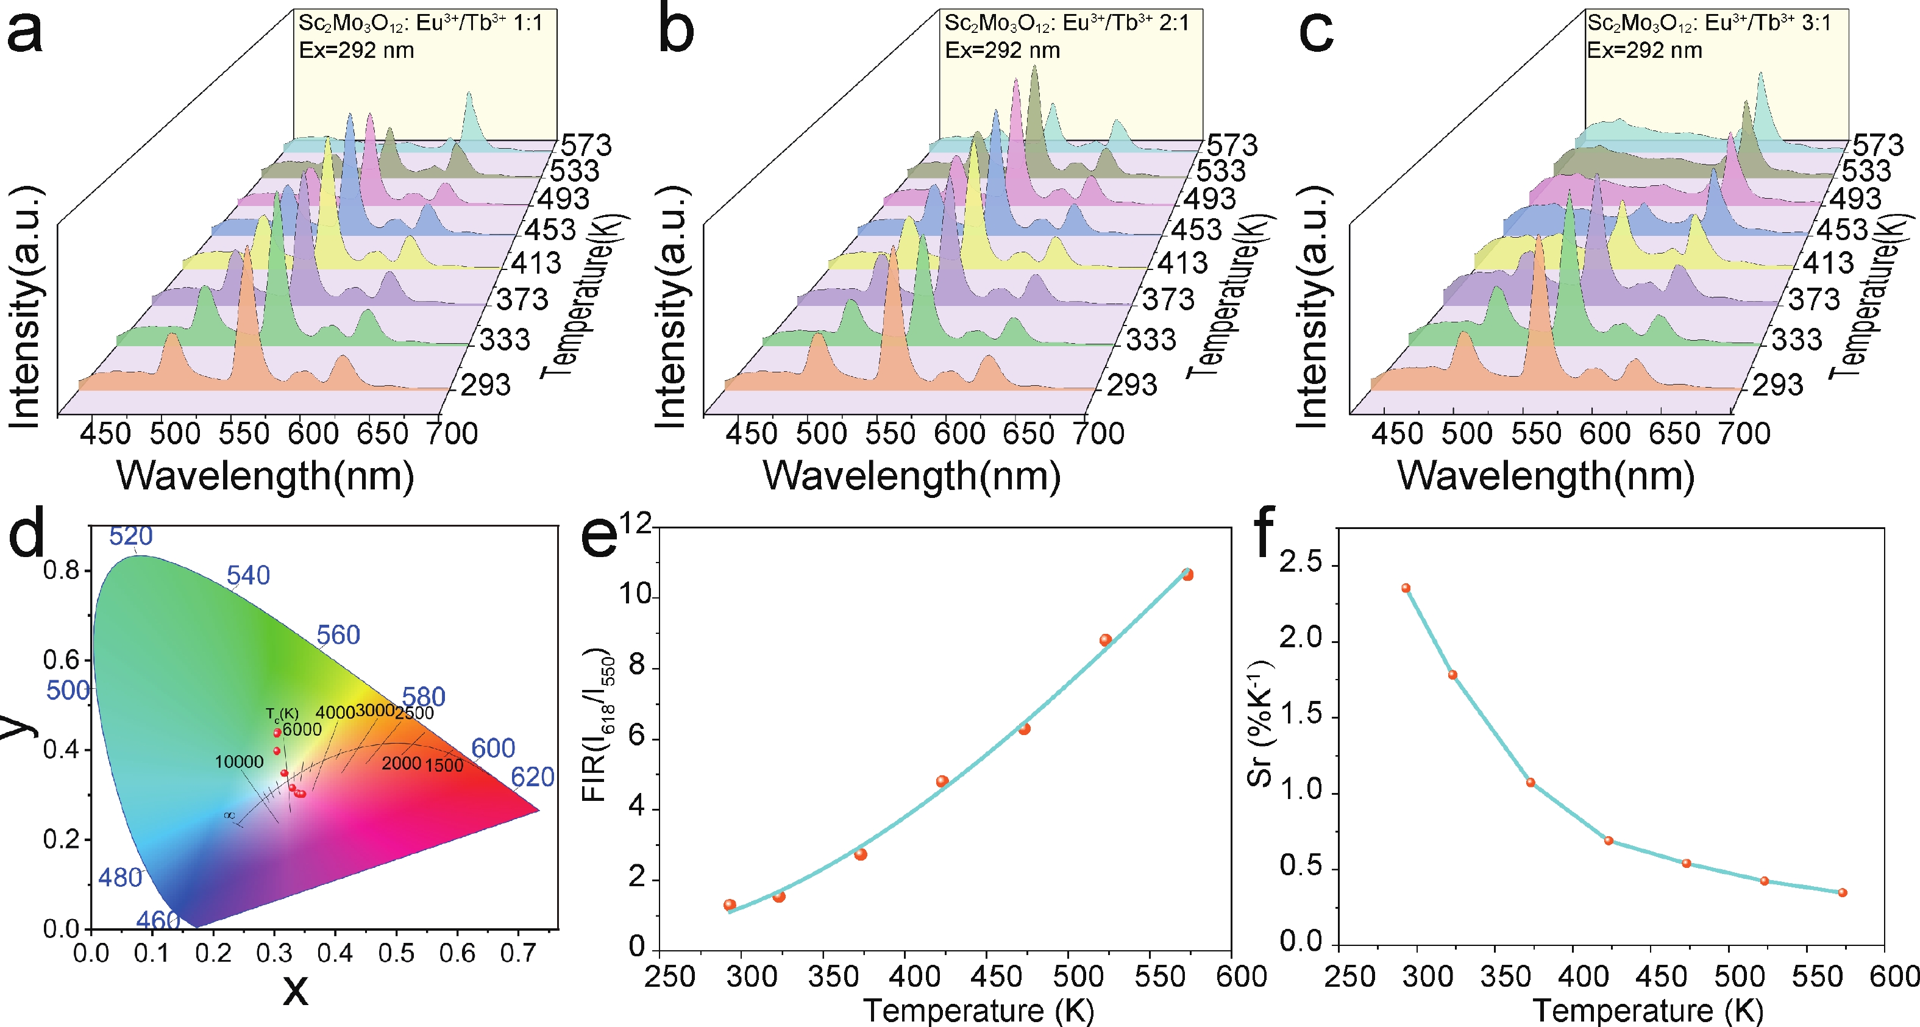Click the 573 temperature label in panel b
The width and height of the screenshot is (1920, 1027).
pos(1232,144)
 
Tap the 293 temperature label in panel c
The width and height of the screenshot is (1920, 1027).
pos(1777,385)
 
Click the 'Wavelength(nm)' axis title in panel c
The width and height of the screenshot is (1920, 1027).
pos(1545,476)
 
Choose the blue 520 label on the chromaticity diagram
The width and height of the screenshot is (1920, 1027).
pos(130,536)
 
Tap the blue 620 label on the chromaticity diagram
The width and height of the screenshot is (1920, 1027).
pos(532,777)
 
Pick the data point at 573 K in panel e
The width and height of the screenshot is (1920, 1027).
pos(1187,575)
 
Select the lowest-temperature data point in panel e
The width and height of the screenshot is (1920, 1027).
pos(730,904)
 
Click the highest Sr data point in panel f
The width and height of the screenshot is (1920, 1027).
pos(1406,588)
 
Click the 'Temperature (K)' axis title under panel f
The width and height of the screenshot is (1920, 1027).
pos(1647,1011)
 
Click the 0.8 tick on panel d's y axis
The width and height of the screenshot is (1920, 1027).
pos(61,571)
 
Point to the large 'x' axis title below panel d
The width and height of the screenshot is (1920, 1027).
pos(295,990)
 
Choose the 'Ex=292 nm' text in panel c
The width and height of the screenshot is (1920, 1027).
pos(1644,51)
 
